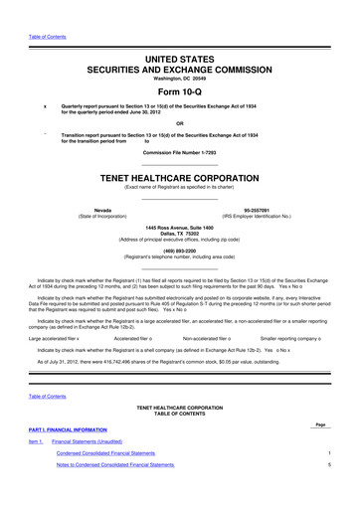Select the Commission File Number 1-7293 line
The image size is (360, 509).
(180, 152)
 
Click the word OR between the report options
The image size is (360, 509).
(180, 124)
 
